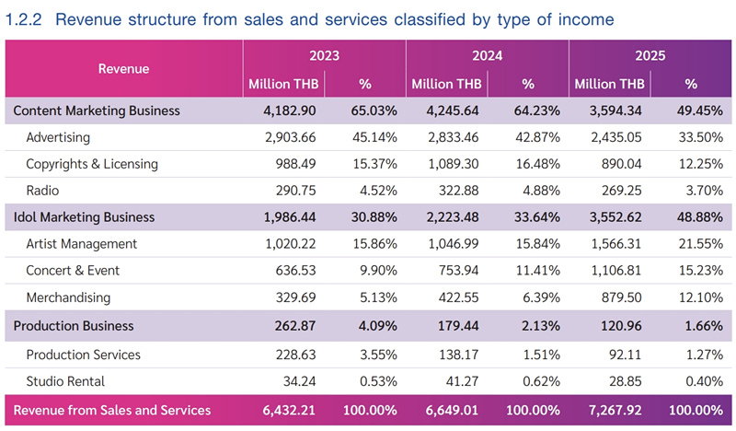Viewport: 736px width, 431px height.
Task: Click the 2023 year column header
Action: click(324, 55)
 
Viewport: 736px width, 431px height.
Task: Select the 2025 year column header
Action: click(650, 55)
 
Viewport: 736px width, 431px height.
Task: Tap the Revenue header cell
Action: click(123, 69)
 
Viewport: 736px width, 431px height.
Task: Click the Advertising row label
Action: click(58, 137)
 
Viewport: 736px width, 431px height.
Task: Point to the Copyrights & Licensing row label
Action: click(92, 164)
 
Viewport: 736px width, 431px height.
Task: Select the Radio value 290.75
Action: click(295, 191)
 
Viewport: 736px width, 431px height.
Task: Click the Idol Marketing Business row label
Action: click(84, 217)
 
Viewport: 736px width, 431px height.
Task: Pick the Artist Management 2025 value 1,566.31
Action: click(616, 244)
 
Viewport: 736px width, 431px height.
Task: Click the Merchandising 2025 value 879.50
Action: click(622, 297)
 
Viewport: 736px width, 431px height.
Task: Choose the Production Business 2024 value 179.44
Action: click(458, 326)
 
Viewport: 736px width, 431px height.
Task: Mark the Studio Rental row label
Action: click(65, 381)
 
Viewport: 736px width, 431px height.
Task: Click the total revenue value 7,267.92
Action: click(615, 411)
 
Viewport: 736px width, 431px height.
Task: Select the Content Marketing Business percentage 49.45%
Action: click(700, 111)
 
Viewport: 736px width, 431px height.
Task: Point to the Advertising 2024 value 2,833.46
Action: click(454, 137)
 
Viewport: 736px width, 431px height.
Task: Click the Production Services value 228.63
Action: click(295, 355)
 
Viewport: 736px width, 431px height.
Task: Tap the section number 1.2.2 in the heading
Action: click(24, 19)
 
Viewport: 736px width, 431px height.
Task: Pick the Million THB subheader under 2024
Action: click(446, 84)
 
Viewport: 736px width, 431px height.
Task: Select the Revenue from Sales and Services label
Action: click(112, 411)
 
